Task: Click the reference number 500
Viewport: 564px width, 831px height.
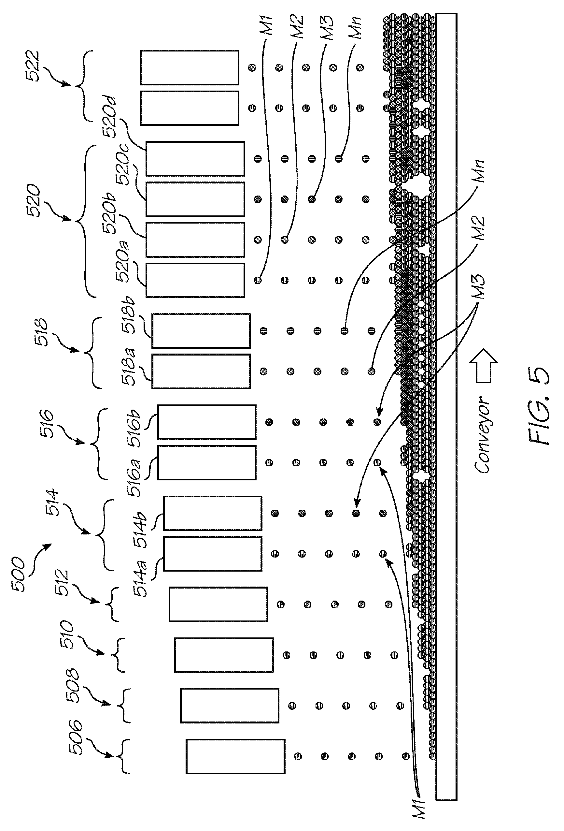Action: (x=18, y=574)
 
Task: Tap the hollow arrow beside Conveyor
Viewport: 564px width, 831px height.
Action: (x=483, y=365)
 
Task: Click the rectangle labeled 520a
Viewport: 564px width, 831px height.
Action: (x=195, y=280)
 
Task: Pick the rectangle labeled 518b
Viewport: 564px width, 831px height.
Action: (x=201, y=330)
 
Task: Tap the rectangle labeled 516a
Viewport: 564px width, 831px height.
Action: (x=206, y=462)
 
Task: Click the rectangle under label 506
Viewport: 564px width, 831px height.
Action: (x=235, y=756)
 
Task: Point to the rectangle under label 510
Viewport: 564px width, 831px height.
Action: (x=224, y=655)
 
